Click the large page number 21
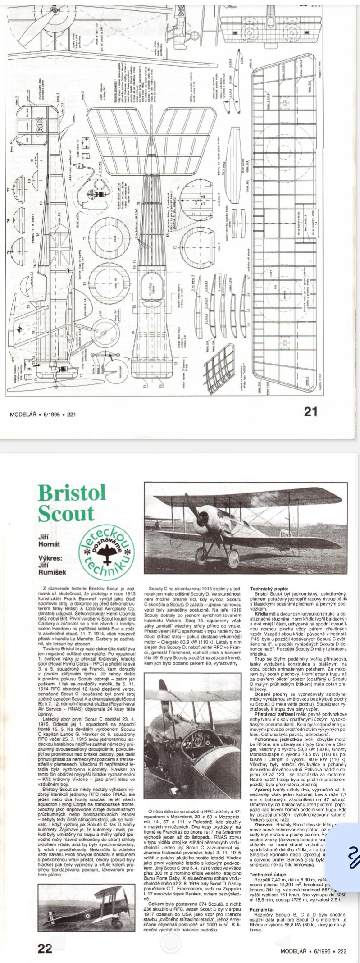[311, 412]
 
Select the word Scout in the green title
[66, 513]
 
